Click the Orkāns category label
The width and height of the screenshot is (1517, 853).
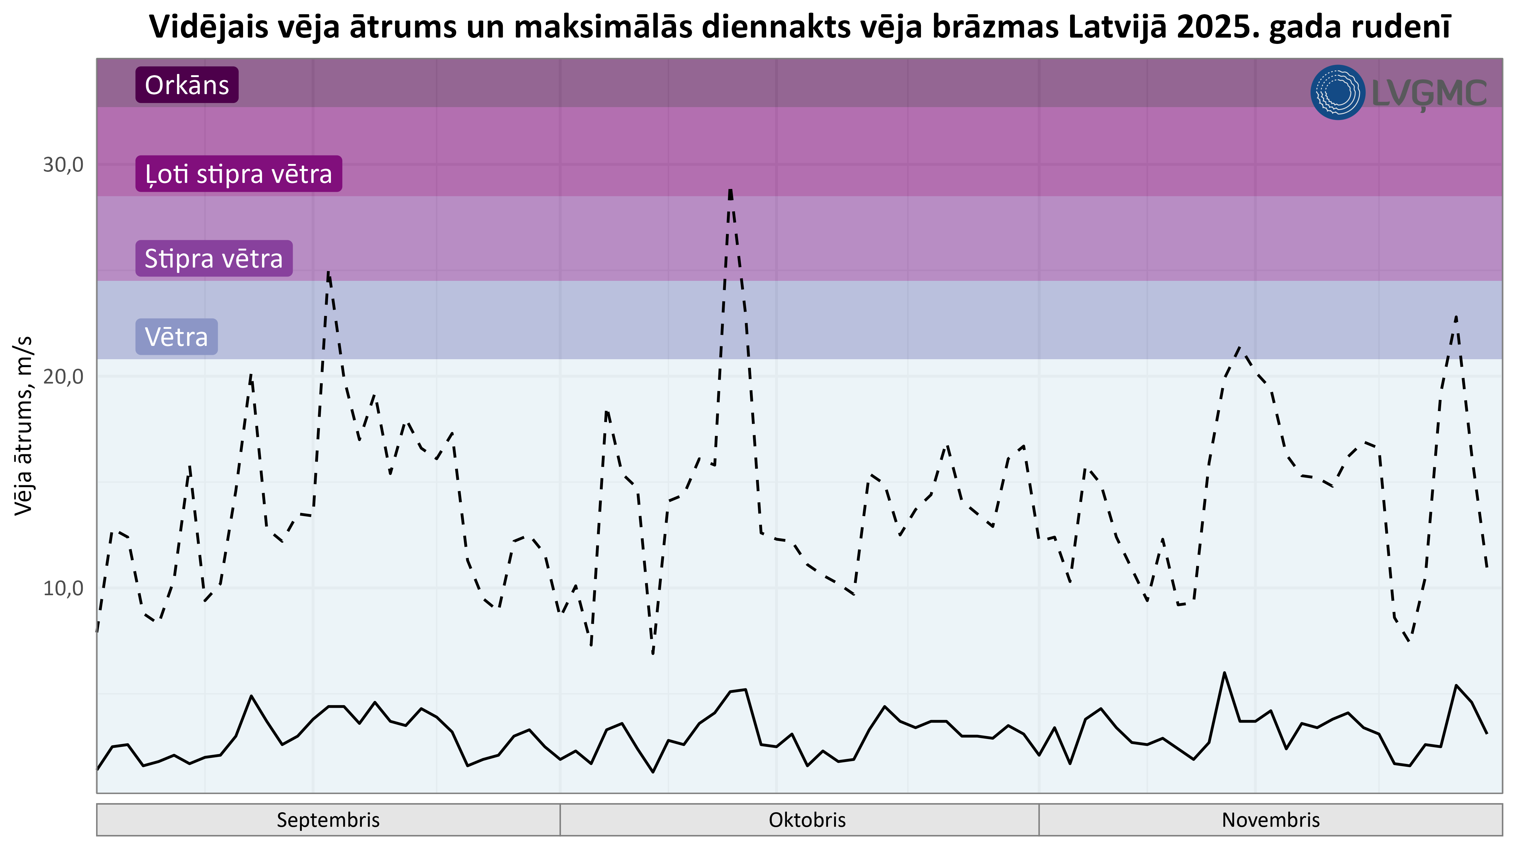click(x=187, y=85)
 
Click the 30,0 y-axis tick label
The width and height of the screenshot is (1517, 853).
click(x=63, y=165)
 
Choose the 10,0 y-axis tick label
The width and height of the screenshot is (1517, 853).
click(x=63, y=588)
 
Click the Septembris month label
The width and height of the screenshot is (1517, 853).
click(x=328, y=820)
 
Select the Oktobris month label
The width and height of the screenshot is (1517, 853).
click(x=807, y=820)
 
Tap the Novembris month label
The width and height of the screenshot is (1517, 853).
click(x=1270, y=820)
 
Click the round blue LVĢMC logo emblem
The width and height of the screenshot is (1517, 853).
click(x=1337, y=93)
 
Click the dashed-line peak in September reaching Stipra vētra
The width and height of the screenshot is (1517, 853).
click(x=328, y=273)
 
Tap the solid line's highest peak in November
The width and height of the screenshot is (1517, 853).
click(x=1224, y=673)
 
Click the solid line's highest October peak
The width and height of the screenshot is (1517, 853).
click(x=746, y=689)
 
